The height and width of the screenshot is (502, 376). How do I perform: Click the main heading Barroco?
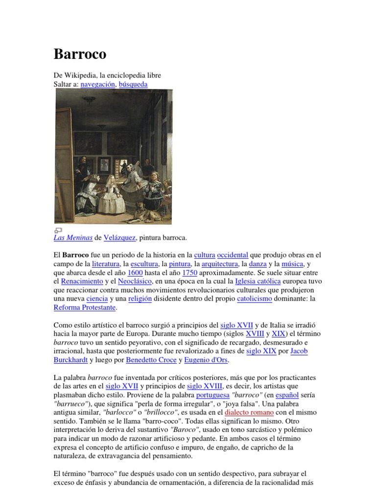pos(80,54)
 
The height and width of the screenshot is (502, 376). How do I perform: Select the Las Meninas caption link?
pos(73,238)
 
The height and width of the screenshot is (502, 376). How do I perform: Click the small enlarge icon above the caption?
pos(57,230)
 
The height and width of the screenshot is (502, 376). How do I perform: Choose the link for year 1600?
pos(135,273)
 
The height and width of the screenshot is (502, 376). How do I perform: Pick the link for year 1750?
pos(189,273)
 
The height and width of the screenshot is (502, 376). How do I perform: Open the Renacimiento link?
pos(82,282)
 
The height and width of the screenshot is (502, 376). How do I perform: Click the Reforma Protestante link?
pos(85,308)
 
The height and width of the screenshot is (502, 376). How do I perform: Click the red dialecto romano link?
pos(249,413)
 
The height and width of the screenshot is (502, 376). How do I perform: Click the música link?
pos(293,264)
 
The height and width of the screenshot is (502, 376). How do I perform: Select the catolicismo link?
pos(254,299)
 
